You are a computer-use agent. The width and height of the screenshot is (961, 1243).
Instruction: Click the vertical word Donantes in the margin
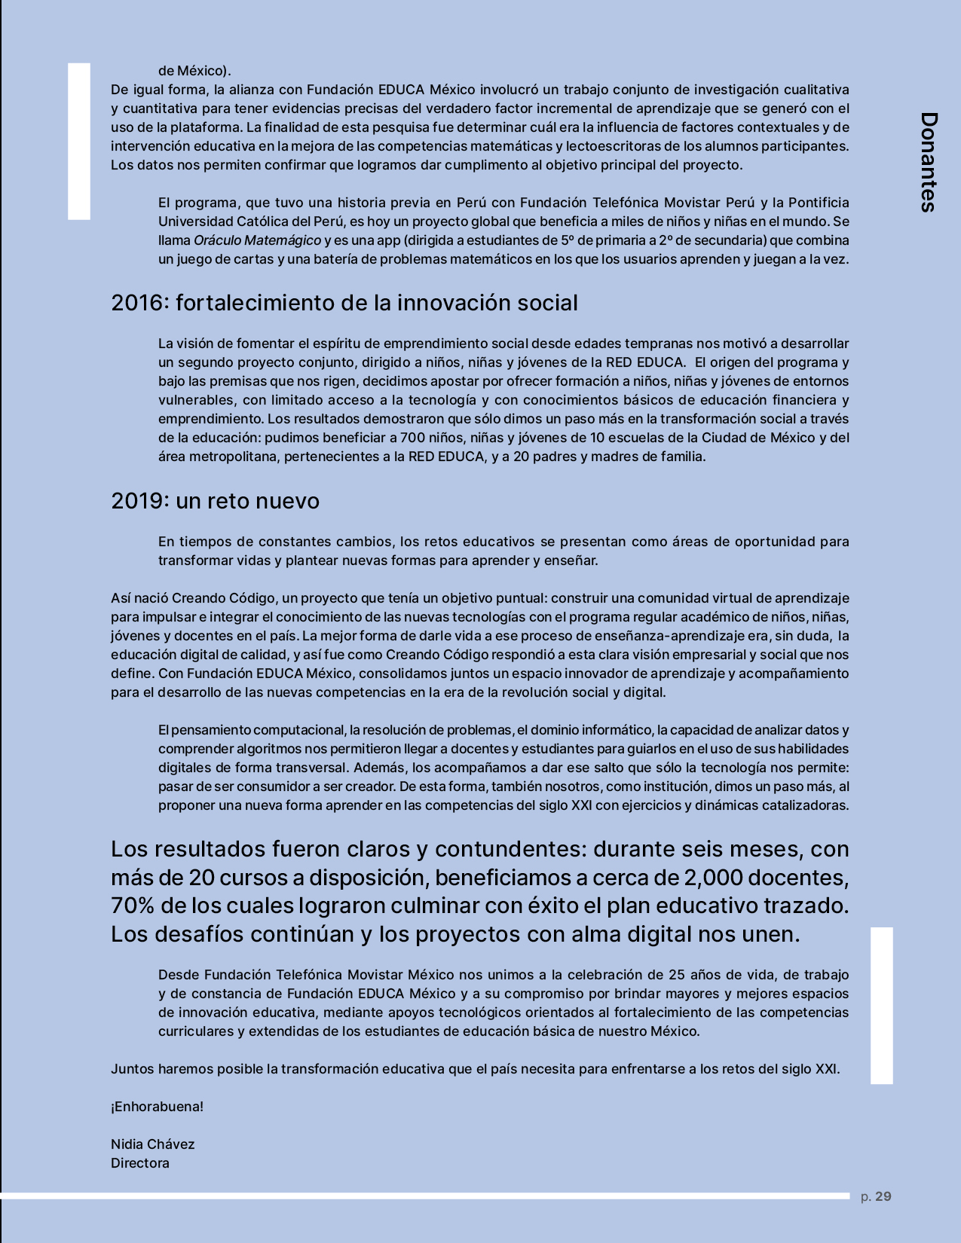point(929,162)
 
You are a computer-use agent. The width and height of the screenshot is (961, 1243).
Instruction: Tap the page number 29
point(883,1196)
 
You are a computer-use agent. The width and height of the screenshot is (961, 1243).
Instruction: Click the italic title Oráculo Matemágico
point(257,240)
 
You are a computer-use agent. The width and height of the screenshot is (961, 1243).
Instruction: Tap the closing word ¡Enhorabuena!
point(157,1107)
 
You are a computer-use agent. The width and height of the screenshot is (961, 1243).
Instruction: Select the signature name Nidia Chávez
point(152,1144)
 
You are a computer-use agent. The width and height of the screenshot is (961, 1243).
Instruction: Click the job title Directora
point(140,1163)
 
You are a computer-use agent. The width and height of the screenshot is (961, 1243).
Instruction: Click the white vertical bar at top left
point(79,141)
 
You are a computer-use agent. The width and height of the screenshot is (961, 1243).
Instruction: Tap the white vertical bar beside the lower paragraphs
point(881,1005)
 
